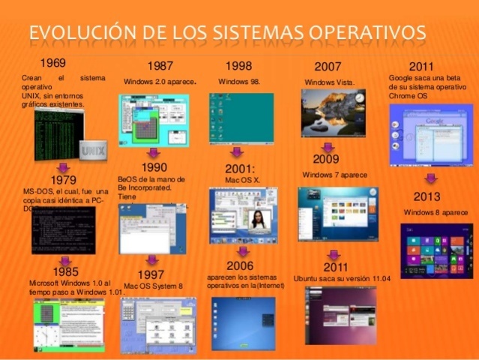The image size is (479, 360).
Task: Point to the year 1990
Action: (154, 167)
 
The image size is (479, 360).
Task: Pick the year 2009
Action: (327, 159)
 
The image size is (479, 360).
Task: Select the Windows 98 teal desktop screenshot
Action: (241, 118)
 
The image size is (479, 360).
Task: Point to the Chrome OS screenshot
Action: (430, 134)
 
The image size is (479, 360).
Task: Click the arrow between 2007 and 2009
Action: (327, 147)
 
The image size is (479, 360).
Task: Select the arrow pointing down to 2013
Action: (431, 179)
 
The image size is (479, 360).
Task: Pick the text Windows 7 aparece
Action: (335, 175)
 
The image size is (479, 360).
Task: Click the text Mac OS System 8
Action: (154, 286)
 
